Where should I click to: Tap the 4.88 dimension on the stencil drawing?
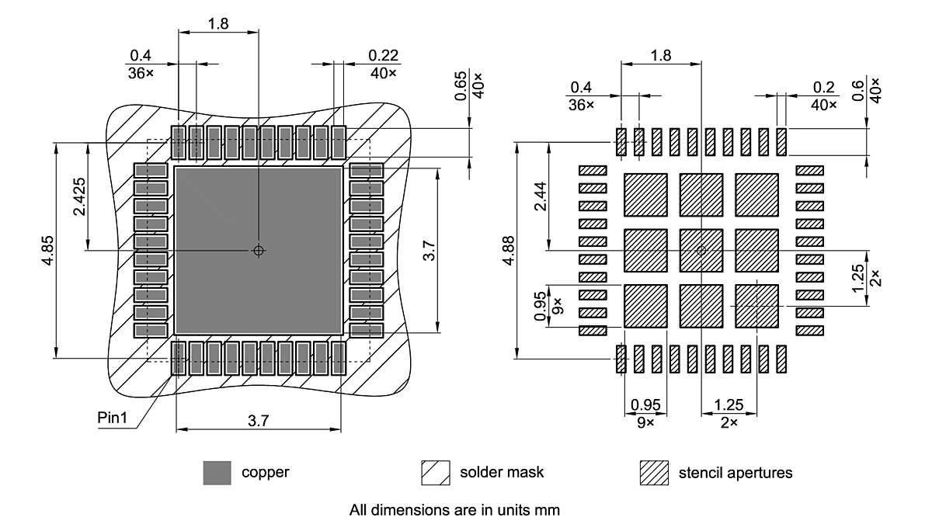pyautogui.click(x=507, y=250)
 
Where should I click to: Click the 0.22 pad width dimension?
pyautogui.click(x=383, y=56)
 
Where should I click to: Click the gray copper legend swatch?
pyautogui.click(x=217, y=473)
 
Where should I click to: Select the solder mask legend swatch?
pyautogui.click(x=436, y=473)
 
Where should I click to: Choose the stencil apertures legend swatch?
pyautogui.click(x=654, y=473)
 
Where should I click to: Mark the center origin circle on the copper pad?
pyautogui.click(x=259, y=250)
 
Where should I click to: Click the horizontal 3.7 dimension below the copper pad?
pyautogui.click(x=258, y=421)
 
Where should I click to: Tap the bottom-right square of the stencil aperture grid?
pyautogui.click(x=756, y=306)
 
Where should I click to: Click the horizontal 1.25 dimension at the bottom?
pyautogui.click(x=729, y=404)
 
